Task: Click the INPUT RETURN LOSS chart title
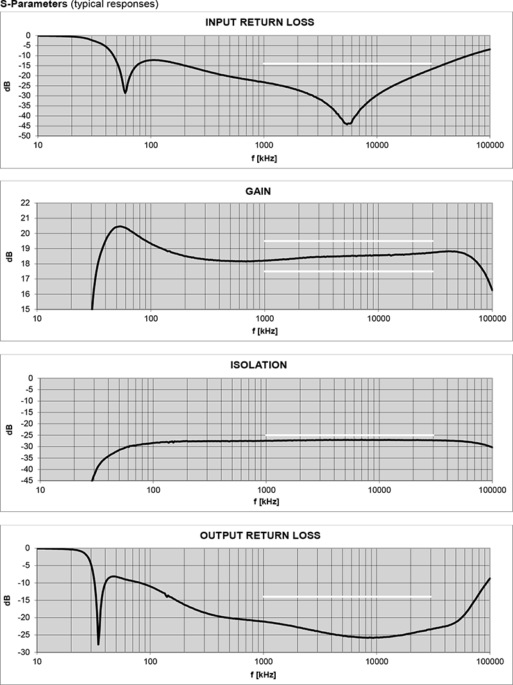(x=259, y=22)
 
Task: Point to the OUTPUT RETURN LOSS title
(x=259, y=535)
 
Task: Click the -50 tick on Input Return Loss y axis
(x=26, y=136)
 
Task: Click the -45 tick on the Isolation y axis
(x=27, y=481)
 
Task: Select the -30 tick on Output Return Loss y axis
(x=26, y=652)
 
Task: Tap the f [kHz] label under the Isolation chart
(x=265, y=502)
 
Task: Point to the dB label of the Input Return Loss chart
(x=8, y=86)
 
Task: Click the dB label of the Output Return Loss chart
(x=8, y=600)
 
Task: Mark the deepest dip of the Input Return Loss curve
(x=348, y=124)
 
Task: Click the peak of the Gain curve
(x=119, y=226)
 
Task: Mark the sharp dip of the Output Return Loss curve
(x=98, y=643)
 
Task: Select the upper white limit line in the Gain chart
(x=348, y=241)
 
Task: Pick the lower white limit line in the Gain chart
(x=348, y=271)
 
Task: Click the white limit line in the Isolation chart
(x=349, y=436)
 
